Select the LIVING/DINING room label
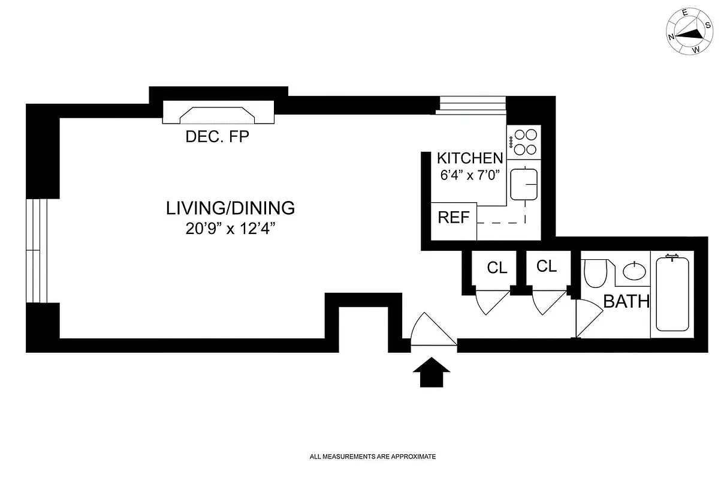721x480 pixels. click(230, 209)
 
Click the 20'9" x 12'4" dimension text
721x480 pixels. click(230, 229)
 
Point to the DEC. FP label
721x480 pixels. click(217, 137)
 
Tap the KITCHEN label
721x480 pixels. click(469, 158)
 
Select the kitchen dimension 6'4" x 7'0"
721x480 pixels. click(469, 176)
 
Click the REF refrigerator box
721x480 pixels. click(454, 218)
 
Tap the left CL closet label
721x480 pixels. click(497, 268)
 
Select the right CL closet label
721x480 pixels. click(547, 266)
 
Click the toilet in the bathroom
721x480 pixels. click(595, 274)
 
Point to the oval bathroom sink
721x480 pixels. click(635, 271)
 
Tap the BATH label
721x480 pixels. click(626, 301)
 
